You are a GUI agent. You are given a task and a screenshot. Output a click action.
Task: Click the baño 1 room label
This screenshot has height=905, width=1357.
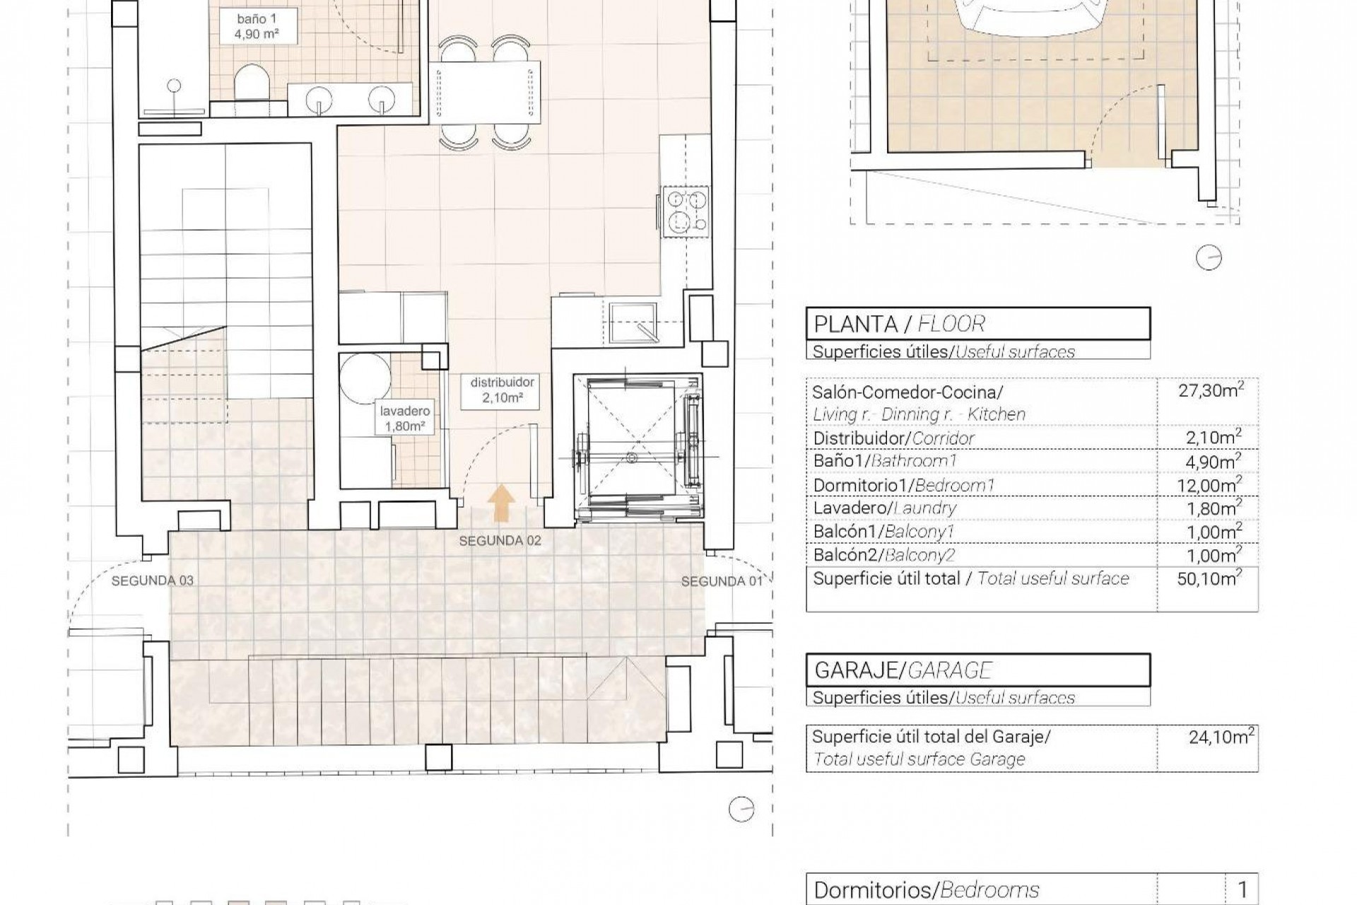coord(257,25)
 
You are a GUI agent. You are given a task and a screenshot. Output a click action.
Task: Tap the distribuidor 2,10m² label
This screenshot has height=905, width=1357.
coord(503,390)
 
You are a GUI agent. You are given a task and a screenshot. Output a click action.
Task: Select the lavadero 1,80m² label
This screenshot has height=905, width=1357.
coord(405,419)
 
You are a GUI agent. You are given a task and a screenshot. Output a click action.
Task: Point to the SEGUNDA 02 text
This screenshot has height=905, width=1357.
coord(500,541)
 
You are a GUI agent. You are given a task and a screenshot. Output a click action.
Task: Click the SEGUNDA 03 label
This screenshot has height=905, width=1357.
coord(152,580)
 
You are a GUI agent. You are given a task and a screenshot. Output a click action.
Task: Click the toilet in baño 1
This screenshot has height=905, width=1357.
coord(250,83)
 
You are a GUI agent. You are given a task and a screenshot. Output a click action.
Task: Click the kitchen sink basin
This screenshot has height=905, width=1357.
coord(633,322)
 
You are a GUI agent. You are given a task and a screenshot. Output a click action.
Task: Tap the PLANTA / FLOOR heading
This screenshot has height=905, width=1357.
coord(899,325)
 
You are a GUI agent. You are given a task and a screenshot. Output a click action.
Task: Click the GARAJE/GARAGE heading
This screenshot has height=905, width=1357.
coord(903,670)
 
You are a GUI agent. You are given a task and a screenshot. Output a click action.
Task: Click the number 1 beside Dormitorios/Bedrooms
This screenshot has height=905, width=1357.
coord(1242,889)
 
